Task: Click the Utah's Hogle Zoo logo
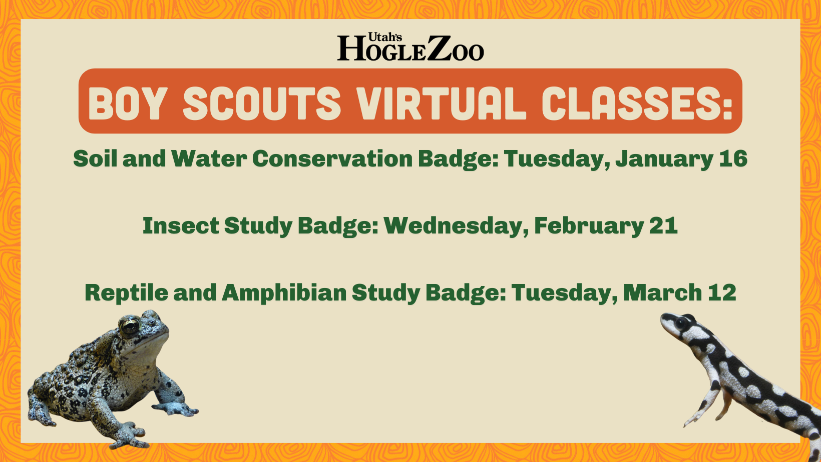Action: coord(410,47)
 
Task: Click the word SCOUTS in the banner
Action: coord(262,103)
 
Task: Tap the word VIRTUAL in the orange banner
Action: coord(441,103)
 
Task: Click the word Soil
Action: coord(95,158)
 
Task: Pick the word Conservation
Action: coord(332,158)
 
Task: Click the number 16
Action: coord(733,158)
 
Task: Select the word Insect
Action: coord(181,225)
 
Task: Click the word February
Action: coord(589,226)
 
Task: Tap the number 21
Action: coord(663,225)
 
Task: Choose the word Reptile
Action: coord(126,293)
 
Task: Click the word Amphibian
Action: coord(284,293)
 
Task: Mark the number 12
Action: coord(722,292)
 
